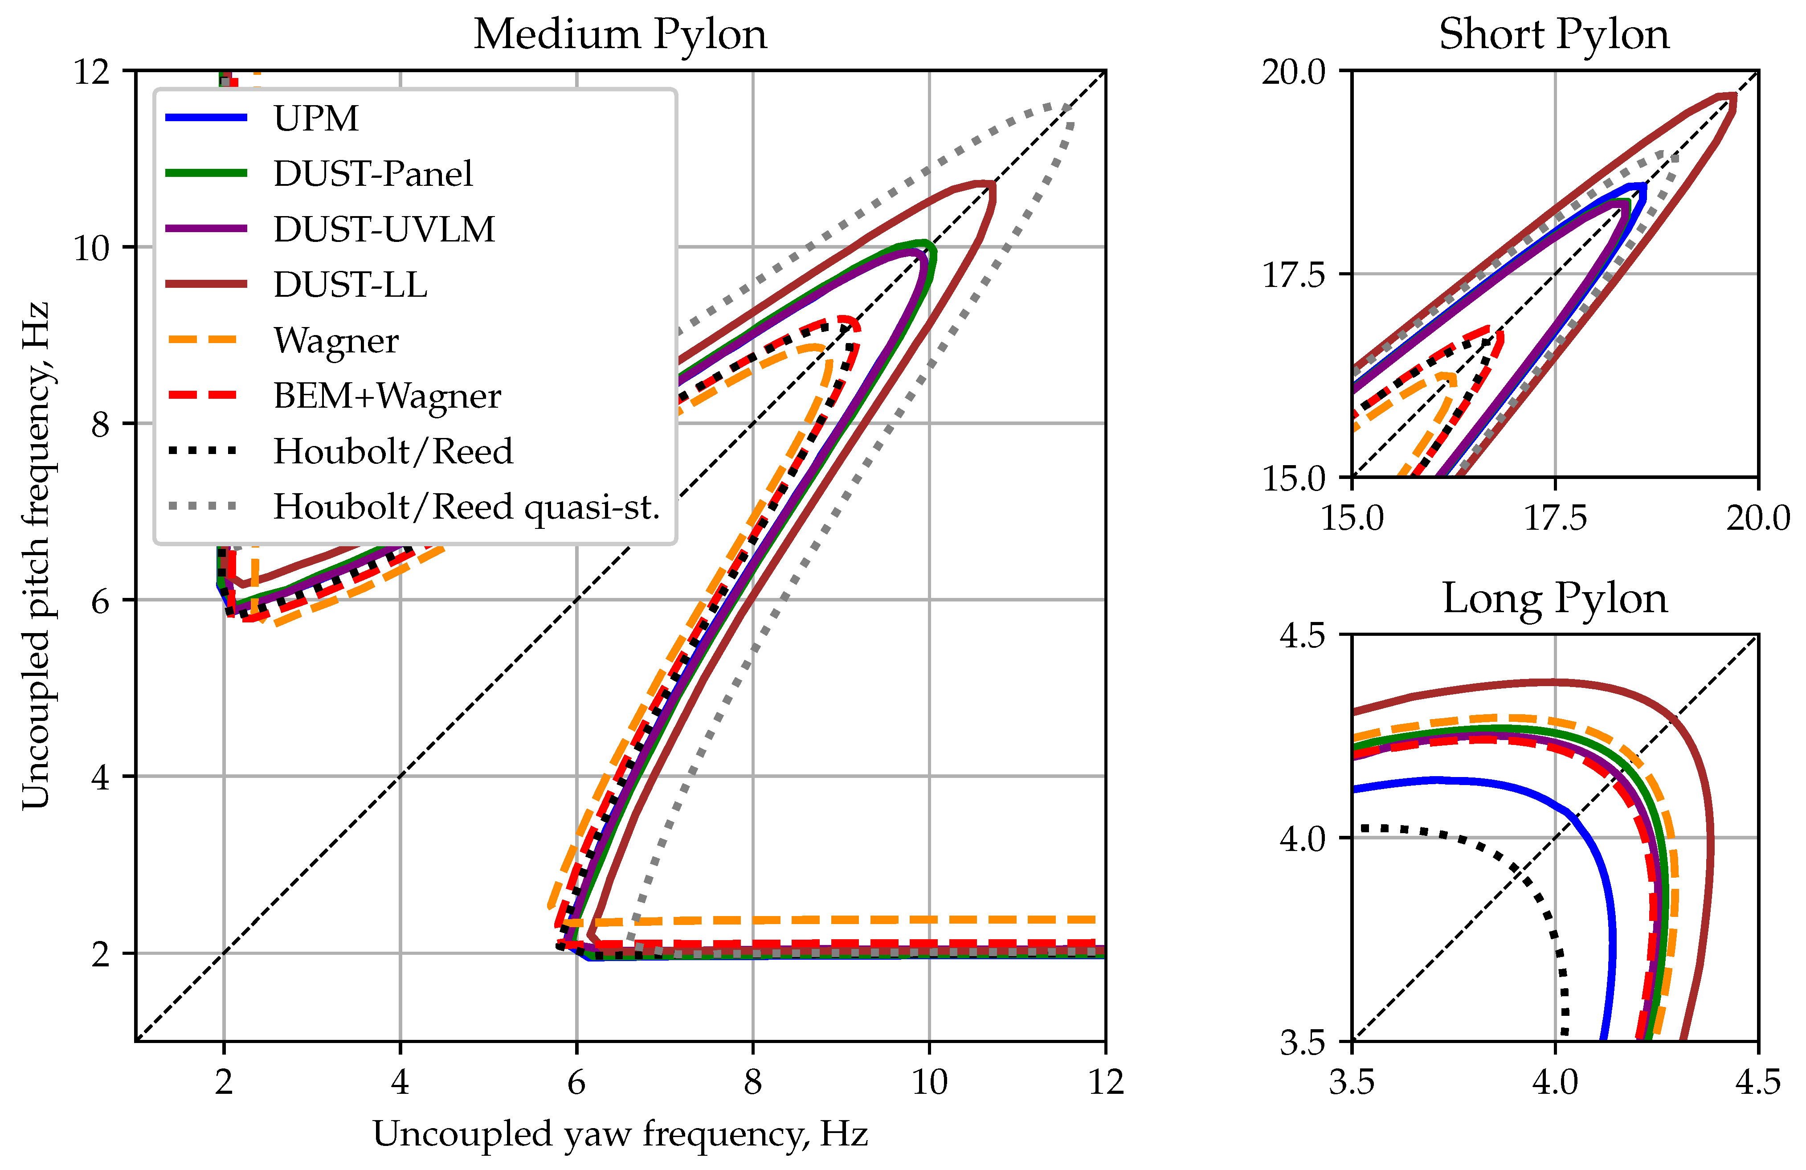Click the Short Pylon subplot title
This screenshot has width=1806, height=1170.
point(1553,35)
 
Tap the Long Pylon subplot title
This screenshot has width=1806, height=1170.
point(1553,599)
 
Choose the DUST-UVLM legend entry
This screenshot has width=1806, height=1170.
point(383,229)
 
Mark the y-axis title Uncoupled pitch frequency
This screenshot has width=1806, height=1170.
point(36,556)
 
